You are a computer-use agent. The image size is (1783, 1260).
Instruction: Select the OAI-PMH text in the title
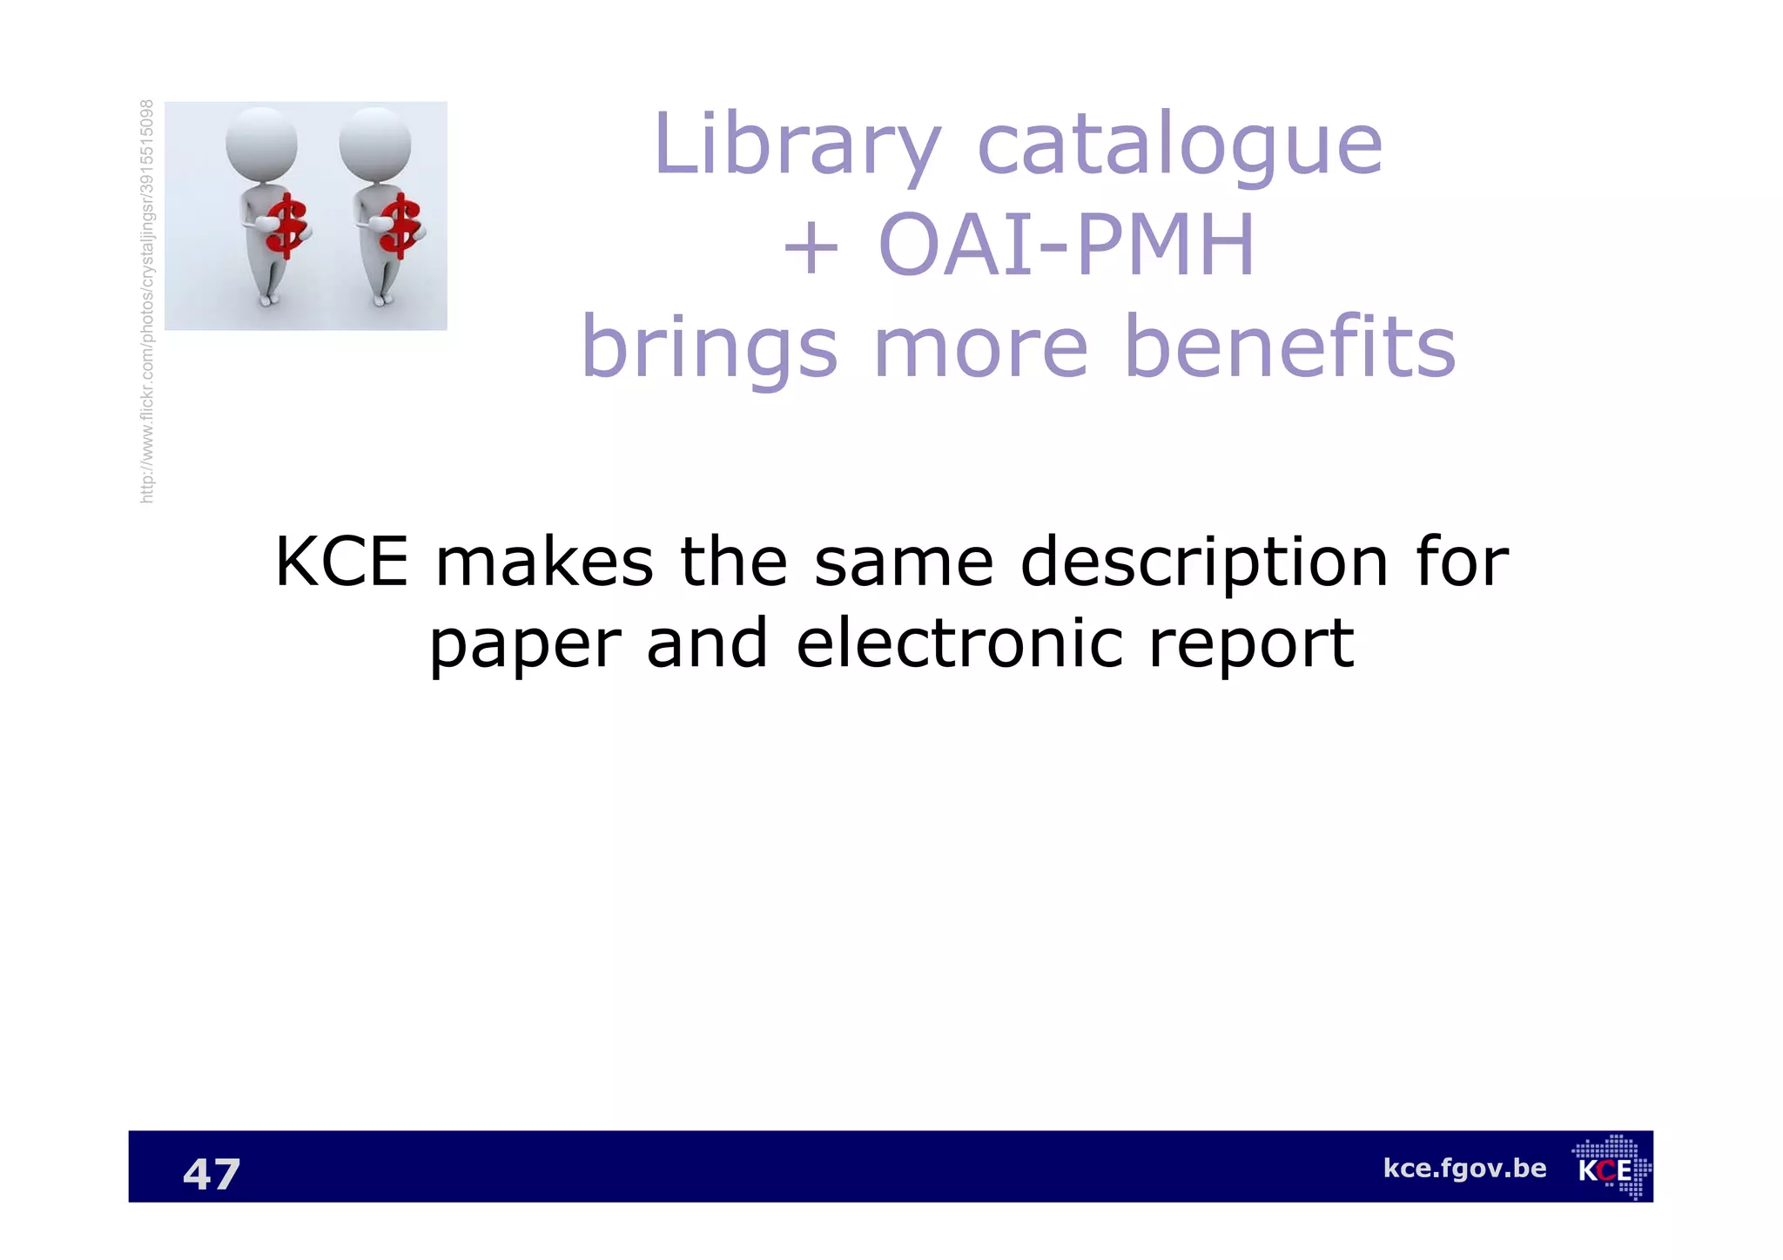[x=1066, y=246]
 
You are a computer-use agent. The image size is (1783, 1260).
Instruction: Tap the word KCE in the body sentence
[x=341, y=563]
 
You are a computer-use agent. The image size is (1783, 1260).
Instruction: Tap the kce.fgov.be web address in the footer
[x=1464, y=1169]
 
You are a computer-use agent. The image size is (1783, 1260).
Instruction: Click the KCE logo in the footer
[x=1611, y=1168]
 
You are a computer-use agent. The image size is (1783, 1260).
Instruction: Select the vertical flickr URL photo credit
[x=147, y=301]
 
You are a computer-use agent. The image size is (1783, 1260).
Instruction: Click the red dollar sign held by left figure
[x=288, y=227]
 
